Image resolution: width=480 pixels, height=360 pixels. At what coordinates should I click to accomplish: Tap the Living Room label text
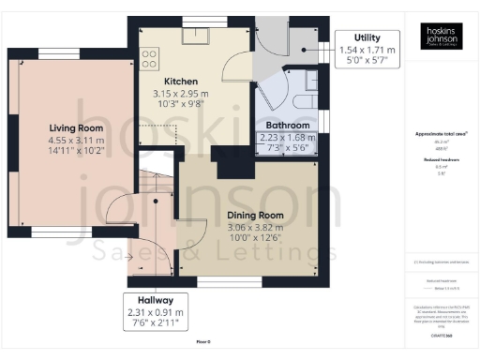point(76,128)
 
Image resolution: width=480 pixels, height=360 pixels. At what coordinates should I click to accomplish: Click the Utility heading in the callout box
point(367,36)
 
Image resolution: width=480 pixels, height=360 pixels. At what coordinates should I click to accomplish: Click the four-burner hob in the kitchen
point(148,60)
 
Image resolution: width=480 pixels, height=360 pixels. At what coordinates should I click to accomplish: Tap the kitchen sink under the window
point(197,36)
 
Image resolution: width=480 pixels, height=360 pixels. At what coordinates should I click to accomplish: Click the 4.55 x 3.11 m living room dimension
point(76,140)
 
